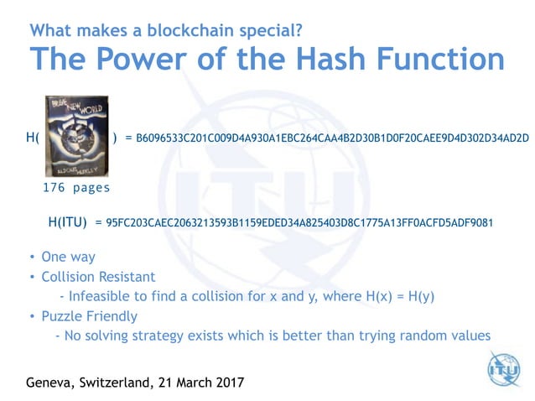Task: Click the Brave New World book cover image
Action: tap(76, 137)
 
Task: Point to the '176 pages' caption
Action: tap(76, 188)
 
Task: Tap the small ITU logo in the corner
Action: tap(504, 368)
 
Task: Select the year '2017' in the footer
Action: tap(226, 383)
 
